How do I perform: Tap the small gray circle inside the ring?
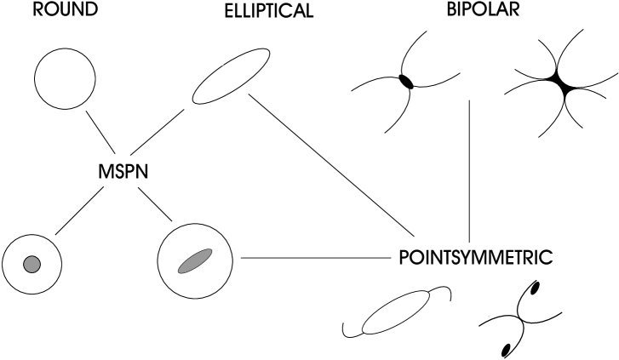tap(33, 262)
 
